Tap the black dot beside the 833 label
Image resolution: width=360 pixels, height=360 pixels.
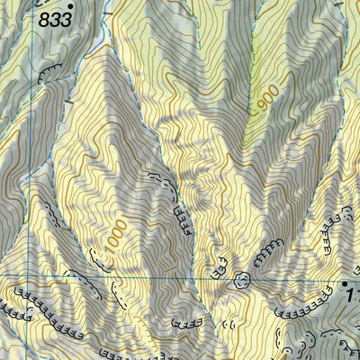click(x=70, y=6)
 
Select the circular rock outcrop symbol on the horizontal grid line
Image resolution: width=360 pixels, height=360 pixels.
click(x=240, y=279)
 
